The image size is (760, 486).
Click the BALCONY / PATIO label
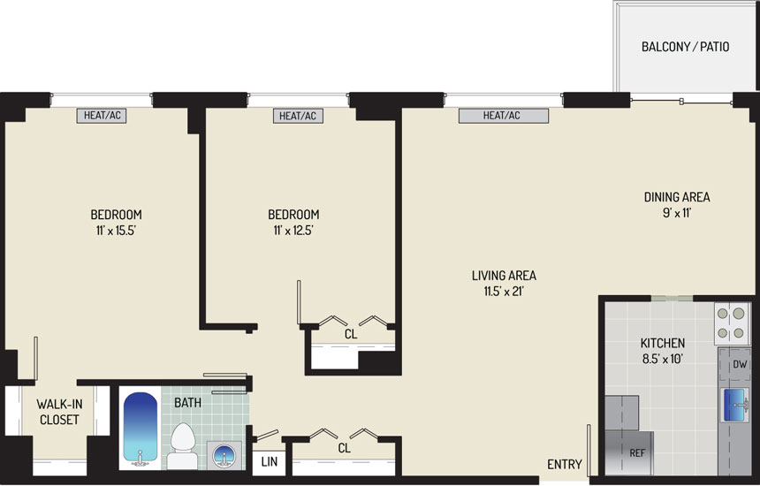pos(685,47)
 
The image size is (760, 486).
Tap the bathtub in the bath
pos(141,429)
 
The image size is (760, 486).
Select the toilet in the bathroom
pos(183,446)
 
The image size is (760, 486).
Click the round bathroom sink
pos(224,455)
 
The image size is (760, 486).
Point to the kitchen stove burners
pos(731,323)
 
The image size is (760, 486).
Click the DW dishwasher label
pos(740,364)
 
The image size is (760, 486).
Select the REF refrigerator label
pos(637,453)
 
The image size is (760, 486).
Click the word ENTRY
pos(564,464)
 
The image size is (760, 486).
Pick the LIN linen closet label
pos(269,461)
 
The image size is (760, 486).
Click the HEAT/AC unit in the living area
pos(504,116)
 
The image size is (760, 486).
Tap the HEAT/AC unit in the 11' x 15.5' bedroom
pos(102,116)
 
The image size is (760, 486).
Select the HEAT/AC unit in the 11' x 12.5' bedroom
pos(298,116)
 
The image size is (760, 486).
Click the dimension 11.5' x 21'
pos(504,292)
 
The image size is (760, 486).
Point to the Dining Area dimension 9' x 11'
pos(677,213)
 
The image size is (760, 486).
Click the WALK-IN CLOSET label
pos(59,412)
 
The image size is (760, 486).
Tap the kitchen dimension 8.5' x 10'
pos(663,359)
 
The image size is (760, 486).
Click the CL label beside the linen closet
pos(344,448)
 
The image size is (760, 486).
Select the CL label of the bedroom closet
pos(351,334)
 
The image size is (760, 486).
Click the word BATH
pos(187,403)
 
